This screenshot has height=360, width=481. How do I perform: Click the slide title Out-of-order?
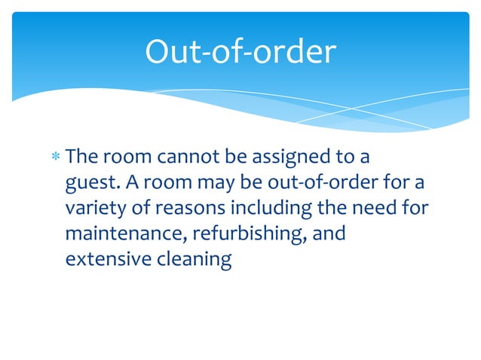pos(240,52)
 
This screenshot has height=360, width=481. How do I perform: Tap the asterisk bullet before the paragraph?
pos(56,159)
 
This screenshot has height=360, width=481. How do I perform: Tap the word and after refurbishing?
pos(329,234)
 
